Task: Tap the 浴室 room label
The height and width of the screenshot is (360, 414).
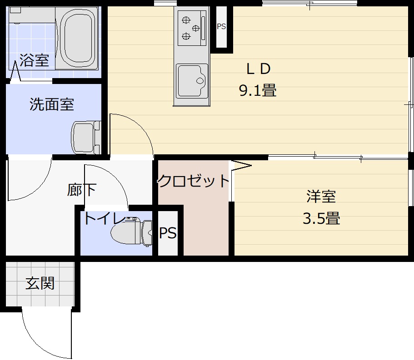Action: (x=34, y=61)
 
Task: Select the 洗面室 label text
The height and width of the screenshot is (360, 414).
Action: (x=52, y=104)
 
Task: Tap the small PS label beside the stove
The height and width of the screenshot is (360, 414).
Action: (x=221, y=26)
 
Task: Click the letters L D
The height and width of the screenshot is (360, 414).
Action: (x=258, y=69)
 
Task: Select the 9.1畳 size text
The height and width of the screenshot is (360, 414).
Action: (x=258, y=91)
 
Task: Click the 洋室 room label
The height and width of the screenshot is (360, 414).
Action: (x=321, y=197)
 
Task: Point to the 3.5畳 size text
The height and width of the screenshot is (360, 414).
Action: (x=321, y=219)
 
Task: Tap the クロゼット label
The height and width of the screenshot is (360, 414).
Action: (x=194, y=181)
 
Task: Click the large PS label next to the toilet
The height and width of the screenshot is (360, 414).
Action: (x=168, y=233)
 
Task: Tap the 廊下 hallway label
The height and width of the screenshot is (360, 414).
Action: (x=82, y=190)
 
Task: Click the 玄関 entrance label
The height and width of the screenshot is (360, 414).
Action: (x=40, y=283)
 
